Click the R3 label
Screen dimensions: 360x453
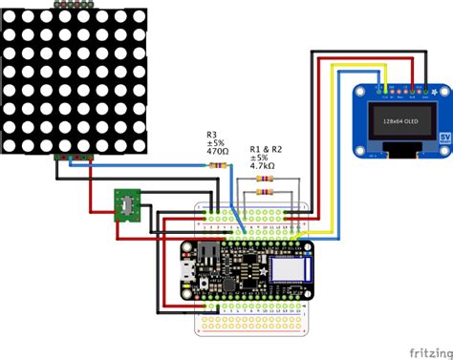click(x=212, y=135)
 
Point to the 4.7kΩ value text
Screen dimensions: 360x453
click(x=262, y=166)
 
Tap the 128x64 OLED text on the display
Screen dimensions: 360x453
click(x=397, y=121)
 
